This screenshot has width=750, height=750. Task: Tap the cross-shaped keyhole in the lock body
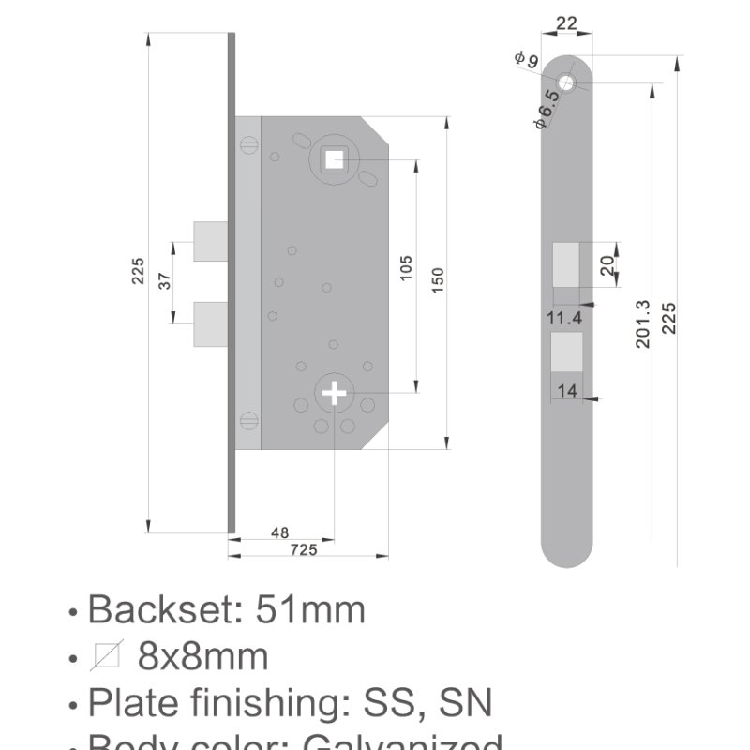[x=334, y=393]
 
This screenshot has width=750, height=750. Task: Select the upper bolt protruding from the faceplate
[x=209, y=242]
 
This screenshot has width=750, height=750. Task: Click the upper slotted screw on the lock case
[x=247, y=144]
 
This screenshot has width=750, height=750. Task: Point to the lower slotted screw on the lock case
[x=247, y=420]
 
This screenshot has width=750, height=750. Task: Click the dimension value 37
[x=165, y=281]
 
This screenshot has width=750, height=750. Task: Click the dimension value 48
[x=279, y=532]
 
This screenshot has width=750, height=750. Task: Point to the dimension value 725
[x=303, y=550]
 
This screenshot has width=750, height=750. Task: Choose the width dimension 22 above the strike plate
[x=566, y=23]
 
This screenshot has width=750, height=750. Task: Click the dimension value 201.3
[x=643, y=323]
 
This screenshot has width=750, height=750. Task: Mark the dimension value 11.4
[x=564, y=319]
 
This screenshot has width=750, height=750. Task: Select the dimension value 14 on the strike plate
[x=567, y=391]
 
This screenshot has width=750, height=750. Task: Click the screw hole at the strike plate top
[x=568, y=82]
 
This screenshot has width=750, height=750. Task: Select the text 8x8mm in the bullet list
[x=202, y=656]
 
